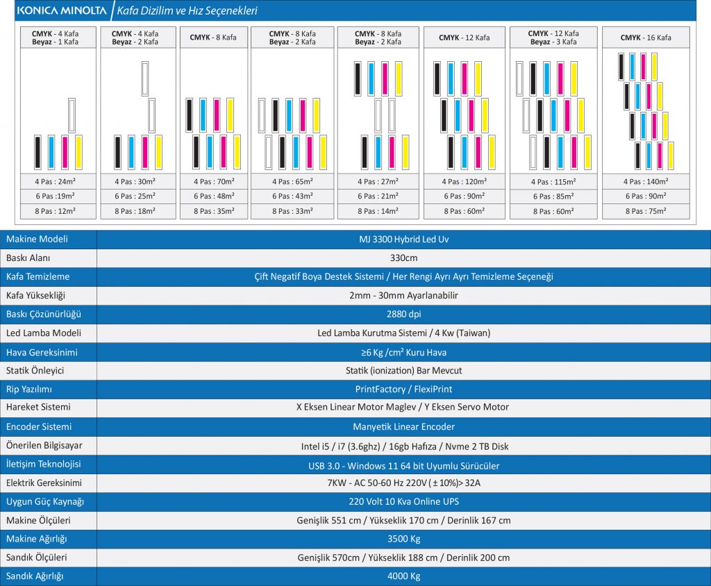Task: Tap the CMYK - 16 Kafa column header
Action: coord(646,37)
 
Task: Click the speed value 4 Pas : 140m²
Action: coord(646,182)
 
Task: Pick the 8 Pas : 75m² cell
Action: coord(646,211)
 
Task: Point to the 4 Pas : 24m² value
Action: coord(58,182)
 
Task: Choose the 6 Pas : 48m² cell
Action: coord(214,196)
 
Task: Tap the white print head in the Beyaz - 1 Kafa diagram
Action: coord(72,115)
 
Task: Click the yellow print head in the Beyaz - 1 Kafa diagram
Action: coord(78,152)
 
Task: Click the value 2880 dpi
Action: coord(403,314)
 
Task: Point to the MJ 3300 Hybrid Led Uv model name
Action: coord(403,239)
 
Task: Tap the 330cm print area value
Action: coord(403,258)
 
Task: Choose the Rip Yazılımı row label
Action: coord(29,389)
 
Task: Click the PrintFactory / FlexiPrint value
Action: coord(403,389)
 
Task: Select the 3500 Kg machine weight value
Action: coord(403,539)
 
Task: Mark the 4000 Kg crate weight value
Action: coord(403,576)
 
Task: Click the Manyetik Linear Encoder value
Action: coord(403,426)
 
